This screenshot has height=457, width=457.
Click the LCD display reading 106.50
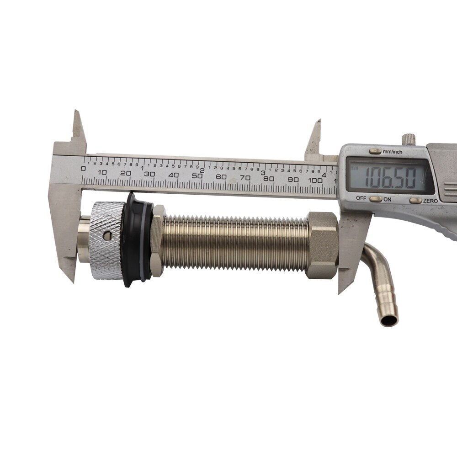pyautogui.click(x=389, y=175)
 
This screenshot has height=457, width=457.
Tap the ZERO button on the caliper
pyautogui.click(x=415, y=200)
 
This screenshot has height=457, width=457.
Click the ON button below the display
pyautogui.click(x=376, y=199)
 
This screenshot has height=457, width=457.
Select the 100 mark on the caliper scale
pyautogui.click(x=315, y=181)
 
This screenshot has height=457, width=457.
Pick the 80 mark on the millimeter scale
pyautogui.click(x=268, y=179)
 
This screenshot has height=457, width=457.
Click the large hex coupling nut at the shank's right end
pyautogui.click(x=322, y=245)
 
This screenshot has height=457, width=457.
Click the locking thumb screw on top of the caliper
pyautogui.click(x=408, y=138)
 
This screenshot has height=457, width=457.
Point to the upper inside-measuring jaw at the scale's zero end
pyautogui.click(x=78, y=130)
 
